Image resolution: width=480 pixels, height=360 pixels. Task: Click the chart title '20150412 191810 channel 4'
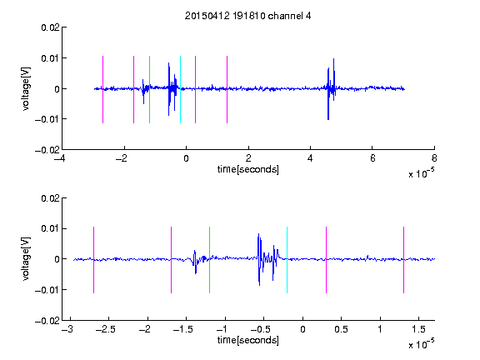247,16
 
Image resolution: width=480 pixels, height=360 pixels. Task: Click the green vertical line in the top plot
149,90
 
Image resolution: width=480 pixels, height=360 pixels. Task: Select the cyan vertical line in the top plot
180,90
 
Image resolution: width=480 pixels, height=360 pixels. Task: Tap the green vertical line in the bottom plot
209,260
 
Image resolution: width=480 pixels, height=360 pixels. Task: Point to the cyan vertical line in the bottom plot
287,260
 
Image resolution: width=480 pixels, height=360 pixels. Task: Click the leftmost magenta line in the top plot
102,90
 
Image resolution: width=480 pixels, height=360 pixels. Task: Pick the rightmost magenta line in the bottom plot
403,260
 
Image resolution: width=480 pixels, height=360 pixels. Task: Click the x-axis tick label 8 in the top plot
434,158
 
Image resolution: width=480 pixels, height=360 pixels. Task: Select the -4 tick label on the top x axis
60,158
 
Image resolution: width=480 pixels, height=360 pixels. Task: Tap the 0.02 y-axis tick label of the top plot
50,27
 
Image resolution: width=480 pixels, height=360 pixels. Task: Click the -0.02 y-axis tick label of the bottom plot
47,321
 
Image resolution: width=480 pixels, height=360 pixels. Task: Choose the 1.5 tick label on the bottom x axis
418,329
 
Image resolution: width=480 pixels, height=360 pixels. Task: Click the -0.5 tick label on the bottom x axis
261,329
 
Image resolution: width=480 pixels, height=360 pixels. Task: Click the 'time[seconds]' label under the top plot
248,169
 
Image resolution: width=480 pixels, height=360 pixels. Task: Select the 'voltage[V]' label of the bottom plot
26,259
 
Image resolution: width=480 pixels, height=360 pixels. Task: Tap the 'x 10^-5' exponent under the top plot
421,173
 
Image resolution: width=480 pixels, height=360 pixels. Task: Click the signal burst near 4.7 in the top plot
331,89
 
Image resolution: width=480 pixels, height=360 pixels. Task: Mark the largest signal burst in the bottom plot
267,260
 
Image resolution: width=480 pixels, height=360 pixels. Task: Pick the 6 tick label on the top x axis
372,158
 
